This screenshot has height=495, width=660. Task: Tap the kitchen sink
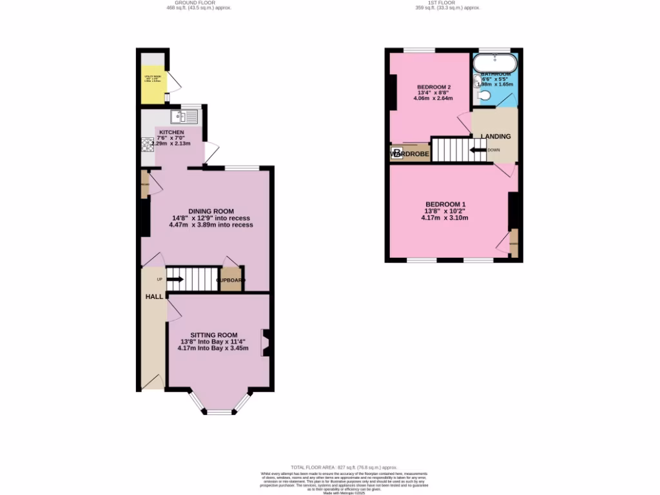pos(184,117)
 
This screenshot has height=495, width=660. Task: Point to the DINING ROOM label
pos(211,211)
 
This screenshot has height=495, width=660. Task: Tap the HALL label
pos(153,296)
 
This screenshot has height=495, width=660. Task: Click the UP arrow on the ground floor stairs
pos(175,279)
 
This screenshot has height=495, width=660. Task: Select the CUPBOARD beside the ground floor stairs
pos(231,280)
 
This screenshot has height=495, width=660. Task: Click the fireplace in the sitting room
pos(265,343)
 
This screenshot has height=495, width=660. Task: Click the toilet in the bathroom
pos(485,96)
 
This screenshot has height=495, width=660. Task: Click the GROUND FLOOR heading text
pos(199,3)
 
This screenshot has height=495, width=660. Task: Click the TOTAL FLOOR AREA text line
pos(344,467)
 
